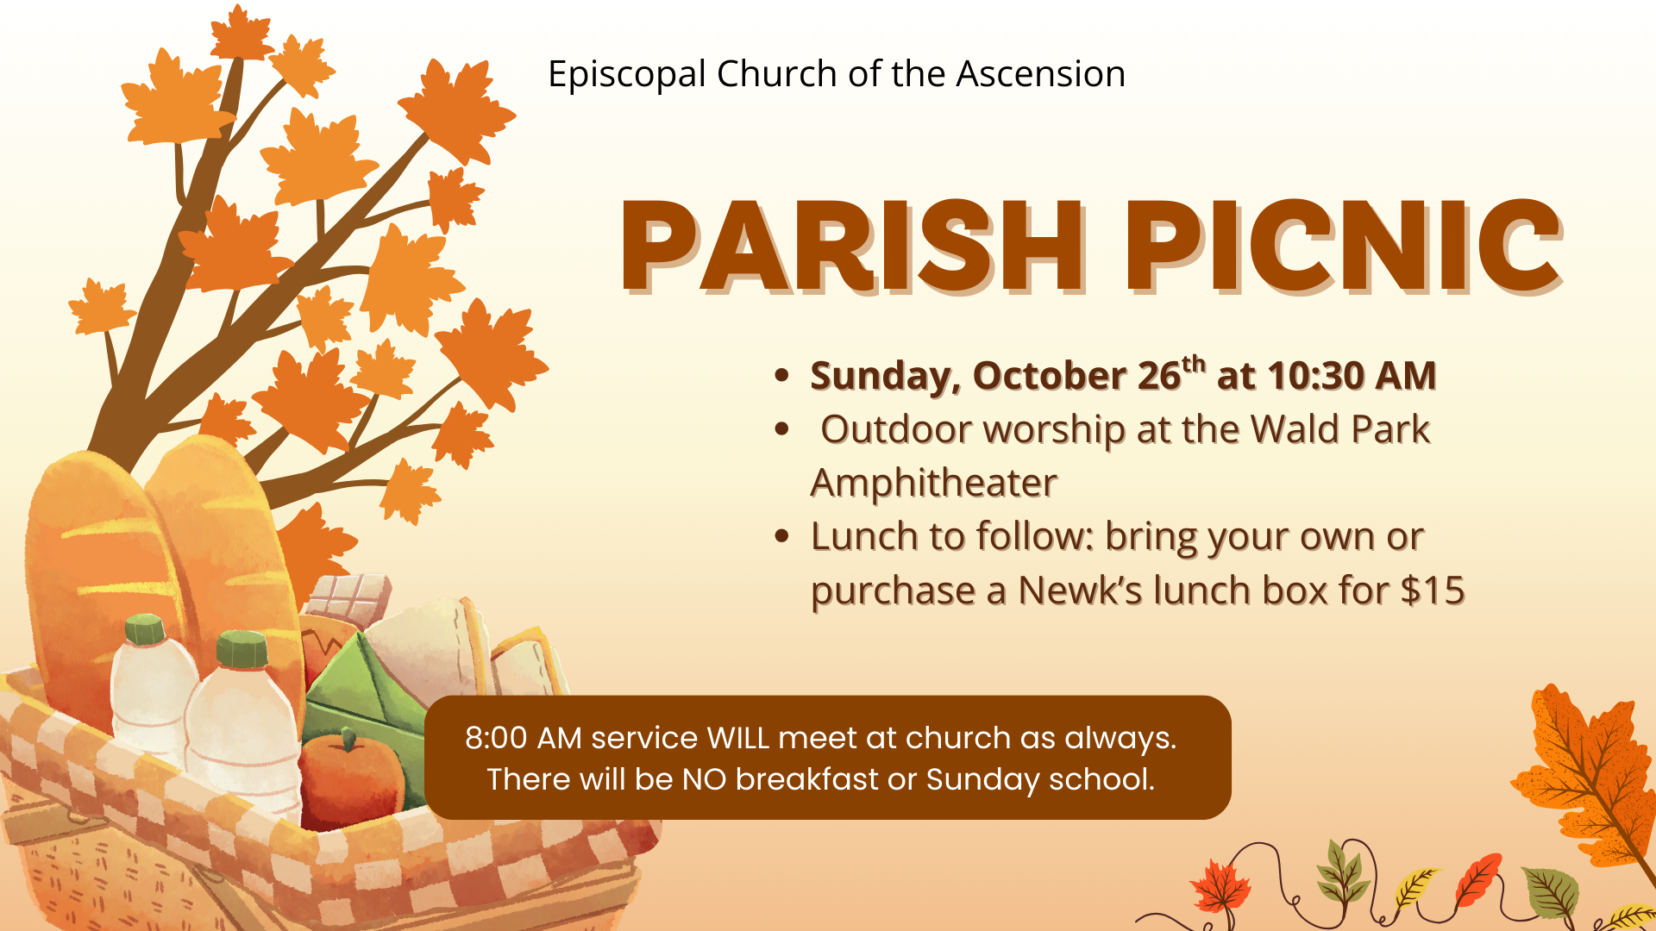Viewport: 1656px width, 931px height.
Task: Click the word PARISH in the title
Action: click(852, 247)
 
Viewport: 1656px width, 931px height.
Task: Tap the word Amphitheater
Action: click(934, 484)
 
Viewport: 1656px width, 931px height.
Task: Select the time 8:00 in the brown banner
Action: click(496, 739)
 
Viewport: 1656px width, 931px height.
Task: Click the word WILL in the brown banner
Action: click(737, 739)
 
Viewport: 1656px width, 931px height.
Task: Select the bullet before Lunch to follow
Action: click(782, 536)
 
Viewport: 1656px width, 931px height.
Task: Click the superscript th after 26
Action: click(1194, 364)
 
